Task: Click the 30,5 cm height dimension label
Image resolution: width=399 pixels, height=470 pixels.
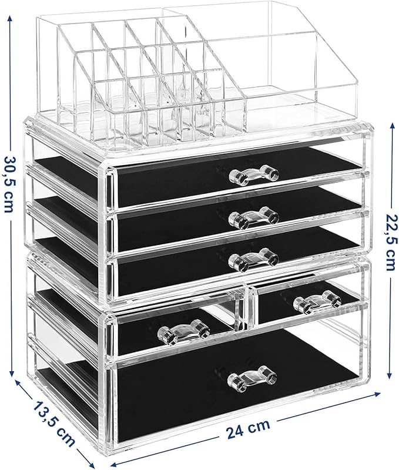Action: [9, 184]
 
